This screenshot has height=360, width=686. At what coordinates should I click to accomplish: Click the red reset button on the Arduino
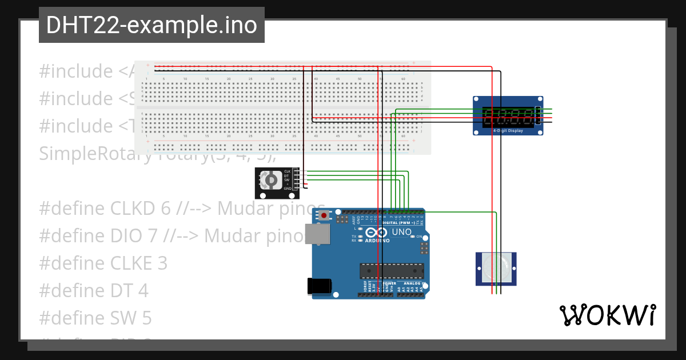point(325,215)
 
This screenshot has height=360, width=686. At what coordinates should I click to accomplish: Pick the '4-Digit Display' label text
point(508,131)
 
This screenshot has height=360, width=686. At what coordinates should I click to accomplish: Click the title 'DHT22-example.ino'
point(151,26)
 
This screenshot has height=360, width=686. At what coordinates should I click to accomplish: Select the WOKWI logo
point(607,315)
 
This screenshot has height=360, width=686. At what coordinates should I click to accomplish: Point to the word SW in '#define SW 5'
point(122,318)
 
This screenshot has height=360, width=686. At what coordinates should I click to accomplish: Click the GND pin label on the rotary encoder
point(288,188)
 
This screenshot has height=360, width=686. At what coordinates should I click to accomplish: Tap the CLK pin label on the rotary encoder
point(288,171)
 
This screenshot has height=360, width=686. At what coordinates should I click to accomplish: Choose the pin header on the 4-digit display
point(538,117)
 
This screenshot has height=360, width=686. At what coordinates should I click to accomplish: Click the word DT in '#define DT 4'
point(120,290)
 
